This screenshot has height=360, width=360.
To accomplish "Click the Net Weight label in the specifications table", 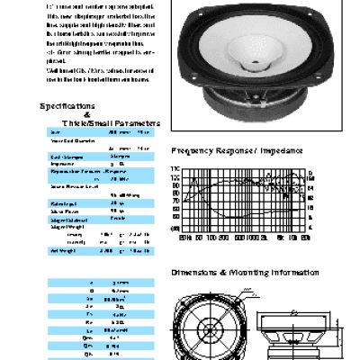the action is pos(60,249).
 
